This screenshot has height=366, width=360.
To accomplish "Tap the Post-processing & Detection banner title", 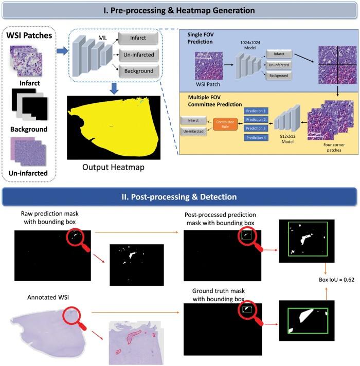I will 180,197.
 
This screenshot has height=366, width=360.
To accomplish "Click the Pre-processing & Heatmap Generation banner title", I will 180,10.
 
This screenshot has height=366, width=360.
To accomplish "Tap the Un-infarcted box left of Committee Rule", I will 192,132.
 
